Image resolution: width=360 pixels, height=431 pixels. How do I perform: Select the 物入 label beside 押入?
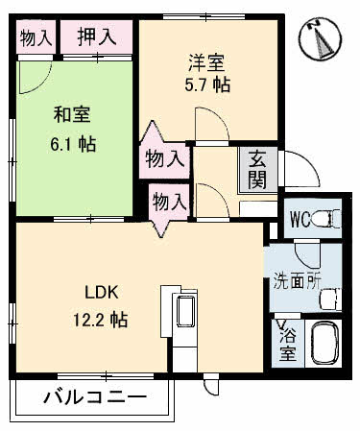click(x=36, y=37)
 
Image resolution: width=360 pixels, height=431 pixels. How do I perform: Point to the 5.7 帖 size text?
click(x=207, y=84)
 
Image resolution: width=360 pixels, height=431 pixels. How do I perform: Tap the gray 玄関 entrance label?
click(x=258, y=169)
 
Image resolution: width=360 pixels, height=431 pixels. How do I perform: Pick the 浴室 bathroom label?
click(x=287, y=343)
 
